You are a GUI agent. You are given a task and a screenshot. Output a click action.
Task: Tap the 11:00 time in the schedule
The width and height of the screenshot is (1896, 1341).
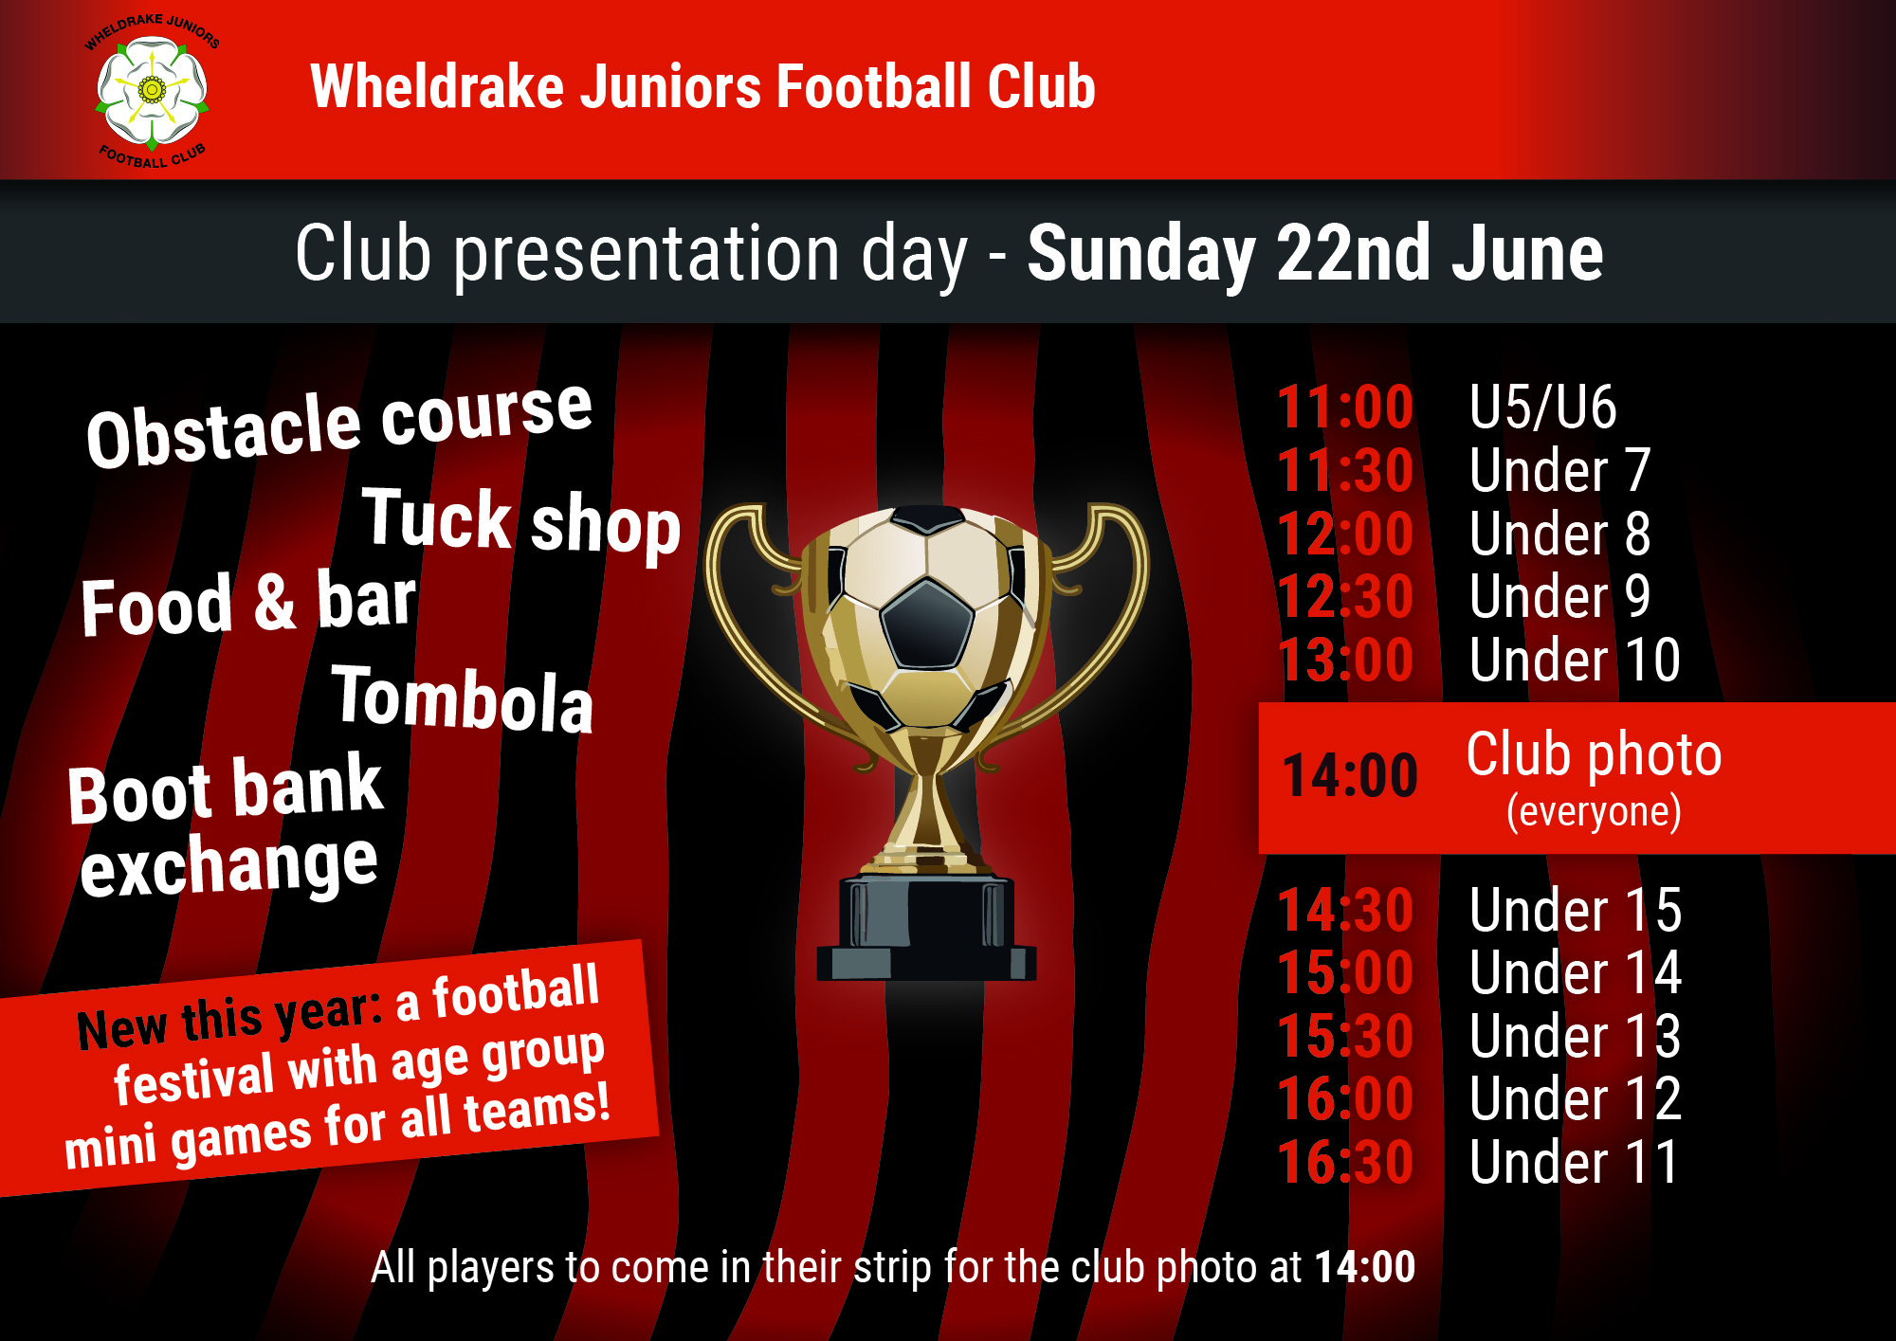click(1345, 408)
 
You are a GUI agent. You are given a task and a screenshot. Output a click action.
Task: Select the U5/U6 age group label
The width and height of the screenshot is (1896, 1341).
click(1542, 408)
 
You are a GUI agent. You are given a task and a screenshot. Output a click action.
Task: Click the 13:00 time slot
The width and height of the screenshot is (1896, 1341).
click(1345, 660)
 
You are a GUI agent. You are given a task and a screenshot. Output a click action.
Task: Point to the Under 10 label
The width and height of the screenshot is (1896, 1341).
click(1575, 660)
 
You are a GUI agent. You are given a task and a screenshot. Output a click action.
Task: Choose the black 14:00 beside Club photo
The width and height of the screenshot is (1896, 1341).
click(1349, 776)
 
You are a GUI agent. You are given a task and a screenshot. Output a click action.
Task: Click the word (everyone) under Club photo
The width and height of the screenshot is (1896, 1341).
click(1594, 812)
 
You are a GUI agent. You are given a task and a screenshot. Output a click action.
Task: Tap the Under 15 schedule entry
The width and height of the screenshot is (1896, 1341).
click(1576, 911)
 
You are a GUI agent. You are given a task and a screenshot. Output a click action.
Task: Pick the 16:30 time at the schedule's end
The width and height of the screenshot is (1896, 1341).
click(1345, 1163)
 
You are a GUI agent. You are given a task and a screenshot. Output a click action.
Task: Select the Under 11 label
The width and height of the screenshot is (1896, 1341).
click(1574, 1163)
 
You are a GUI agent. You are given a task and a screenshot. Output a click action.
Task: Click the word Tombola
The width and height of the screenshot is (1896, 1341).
click(463, 699)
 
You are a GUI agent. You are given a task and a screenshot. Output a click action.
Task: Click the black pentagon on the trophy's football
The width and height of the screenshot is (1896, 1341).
click(926, 625)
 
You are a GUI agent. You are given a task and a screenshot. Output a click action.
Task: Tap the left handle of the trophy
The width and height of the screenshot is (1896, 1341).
click(758, 625)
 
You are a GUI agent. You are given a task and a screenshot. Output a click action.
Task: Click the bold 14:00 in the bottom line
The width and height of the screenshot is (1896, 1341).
click(1365, 1267)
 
